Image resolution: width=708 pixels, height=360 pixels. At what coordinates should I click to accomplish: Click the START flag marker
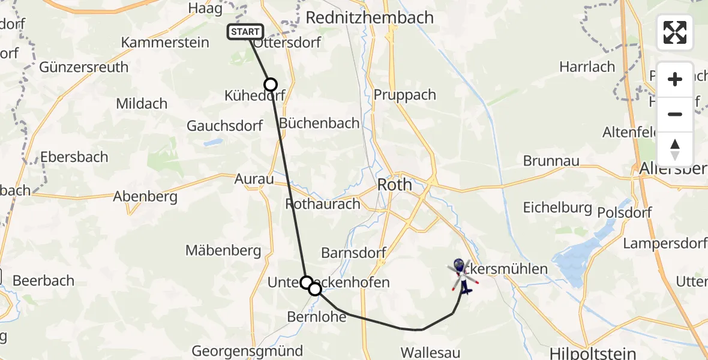click(x=245, y=32)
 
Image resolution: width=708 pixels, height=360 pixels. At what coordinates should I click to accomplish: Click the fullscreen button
click(x=675, y=32)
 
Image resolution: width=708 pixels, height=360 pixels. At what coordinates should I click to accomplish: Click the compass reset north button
click(x=675, y=149)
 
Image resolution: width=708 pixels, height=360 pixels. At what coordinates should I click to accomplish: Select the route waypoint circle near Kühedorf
click(x=271, y=85)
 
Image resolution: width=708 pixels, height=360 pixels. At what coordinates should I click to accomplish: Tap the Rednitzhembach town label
click(x=370, y=17)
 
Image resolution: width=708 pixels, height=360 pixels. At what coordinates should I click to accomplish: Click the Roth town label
click(x=394, y=184)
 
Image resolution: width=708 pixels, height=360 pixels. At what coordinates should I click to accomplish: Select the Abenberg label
click(x=145, y=196)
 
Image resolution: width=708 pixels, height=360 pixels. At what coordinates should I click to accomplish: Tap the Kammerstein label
click(x=165, y=43)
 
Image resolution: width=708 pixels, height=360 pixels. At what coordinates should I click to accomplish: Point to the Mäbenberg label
click(x=223, y=250)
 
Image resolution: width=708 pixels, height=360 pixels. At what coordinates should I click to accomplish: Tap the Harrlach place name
click(x=587, y=67)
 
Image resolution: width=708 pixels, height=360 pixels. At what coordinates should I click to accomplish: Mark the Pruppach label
click(x=405, y=95)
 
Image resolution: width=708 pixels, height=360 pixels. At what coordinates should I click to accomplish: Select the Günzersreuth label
click(x=84, y=67)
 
